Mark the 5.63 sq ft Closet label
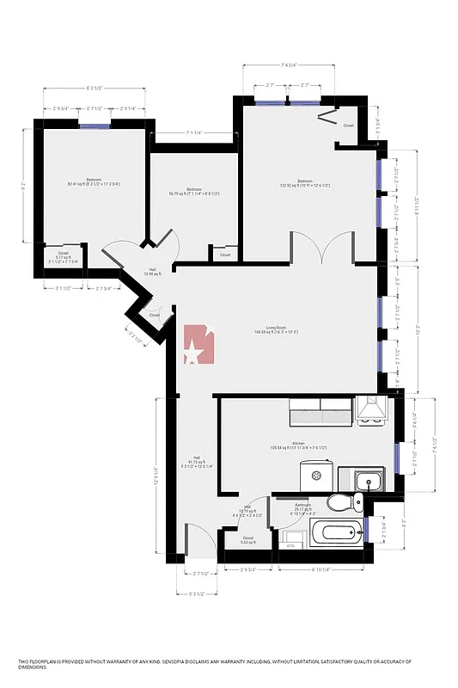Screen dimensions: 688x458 coord(247,540)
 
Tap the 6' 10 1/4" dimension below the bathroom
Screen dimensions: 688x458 coord(321,568)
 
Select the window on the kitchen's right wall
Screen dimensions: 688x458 coord(397,457)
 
